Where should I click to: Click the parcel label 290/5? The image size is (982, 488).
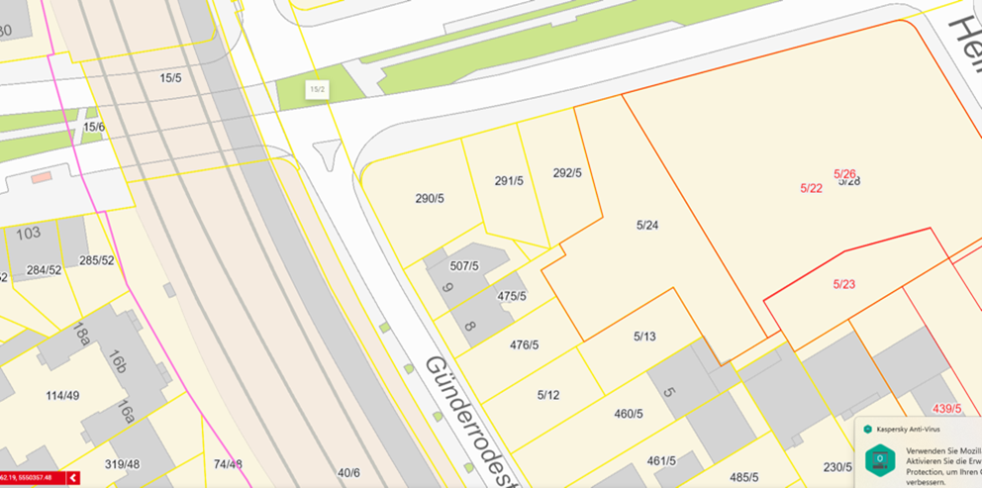pyautogui.click(x=430, y=199)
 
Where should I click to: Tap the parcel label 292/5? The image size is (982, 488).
pyautogui.click(x=567, y=173)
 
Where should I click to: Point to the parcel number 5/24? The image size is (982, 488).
pyautogui.click(x=646, y=226)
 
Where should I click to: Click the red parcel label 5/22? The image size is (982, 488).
pyautogui.click(x=811, y=188)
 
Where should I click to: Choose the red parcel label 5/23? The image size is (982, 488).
pyautogui.click(x=843, y=284)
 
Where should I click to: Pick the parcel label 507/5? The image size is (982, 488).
pyautogui.click(x=463, y=266)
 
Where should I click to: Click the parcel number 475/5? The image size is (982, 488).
pyautogui.click(x=511, y=296)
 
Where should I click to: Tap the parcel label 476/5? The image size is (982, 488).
pyautogui.click(x=524, y=344)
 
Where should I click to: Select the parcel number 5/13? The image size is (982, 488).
pyautogui.click(x=644, y=337)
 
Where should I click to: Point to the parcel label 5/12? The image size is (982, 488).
pyautogui.click(x=548, y=395)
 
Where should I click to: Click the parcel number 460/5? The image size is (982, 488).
pyautogui.click(x=630, y=414)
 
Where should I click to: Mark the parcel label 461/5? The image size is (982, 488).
pyautogui.click(x=661, y=460)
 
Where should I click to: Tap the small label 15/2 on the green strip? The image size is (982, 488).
pyautogui.click(x=318, y=89)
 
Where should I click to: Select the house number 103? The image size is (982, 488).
pyautogui.click(x=29, y=234)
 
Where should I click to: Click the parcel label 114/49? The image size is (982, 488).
pyautogui.click(x=61, y=396)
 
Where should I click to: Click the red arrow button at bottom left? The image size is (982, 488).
pyautogui.click(x=72, y=478)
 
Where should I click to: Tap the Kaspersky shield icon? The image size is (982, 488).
pyautogui.click(x=879, y=458)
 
